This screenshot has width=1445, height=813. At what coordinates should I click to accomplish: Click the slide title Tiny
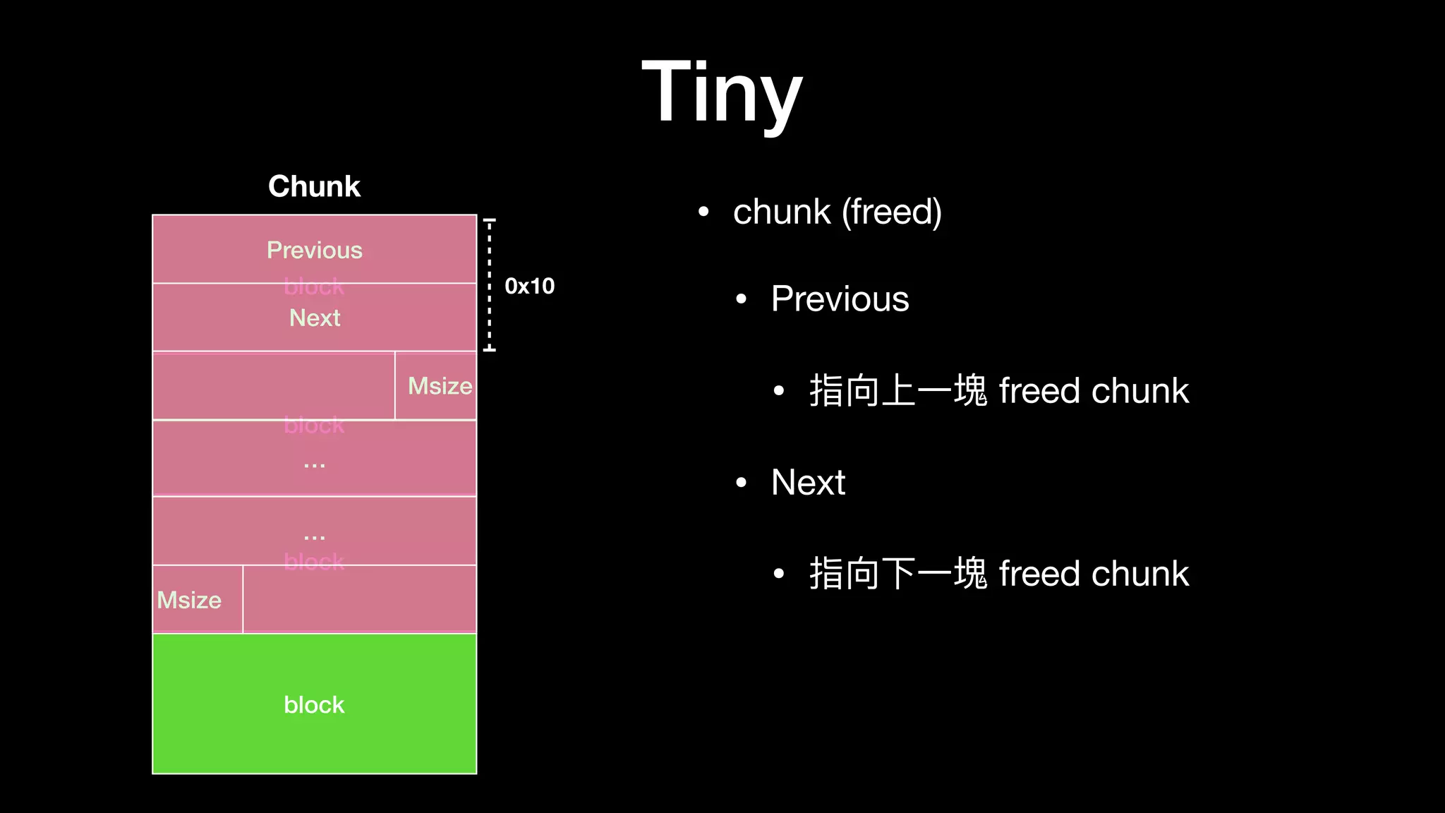722,92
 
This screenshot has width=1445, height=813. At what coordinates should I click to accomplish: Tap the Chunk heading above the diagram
314,186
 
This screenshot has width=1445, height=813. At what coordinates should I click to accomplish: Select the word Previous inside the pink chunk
314,250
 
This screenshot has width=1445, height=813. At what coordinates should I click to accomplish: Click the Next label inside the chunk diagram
314,318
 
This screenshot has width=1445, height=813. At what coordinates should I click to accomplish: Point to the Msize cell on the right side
439,386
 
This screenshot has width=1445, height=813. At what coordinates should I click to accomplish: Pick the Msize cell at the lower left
189,600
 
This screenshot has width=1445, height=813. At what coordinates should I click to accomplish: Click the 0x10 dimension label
529,286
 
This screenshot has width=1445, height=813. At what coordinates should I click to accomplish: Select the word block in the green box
314,704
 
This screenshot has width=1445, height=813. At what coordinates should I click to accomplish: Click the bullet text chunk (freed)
837,212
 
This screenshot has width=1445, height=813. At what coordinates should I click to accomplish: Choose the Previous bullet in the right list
840,299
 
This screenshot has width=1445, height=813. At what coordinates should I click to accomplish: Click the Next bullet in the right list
808,483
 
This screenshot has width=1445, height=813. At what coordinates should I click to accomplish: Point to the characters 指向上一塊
897,391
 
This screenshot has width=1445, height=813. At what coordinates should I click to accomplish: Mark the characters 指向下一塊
897,573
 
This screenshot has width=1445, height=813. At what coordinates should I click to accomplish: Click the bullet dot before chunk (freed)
703,212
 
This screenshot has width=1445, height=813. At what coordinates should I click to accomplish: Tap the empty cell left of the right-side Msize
274,385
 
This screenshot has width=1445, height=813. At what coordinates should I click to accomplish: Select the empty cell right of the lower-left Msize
359,598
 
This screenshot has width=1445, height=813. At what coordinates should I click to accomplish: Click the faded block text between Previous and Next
314,287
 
